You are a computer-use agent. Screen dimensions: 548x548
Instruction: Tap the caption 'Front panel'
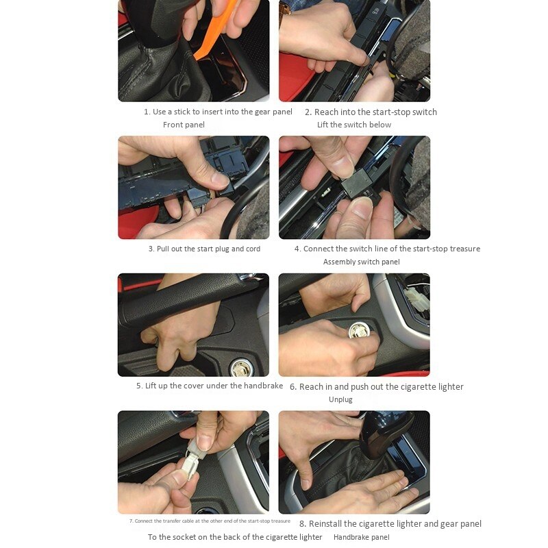pyautogui.click(x=184, y=125)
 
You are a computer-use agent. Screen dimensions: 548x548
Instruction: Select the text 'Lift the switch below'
pyautogui.click(x=354, y=125)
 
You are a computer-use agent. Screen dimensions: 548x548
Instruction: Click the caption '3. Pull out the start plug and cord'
pyautogui.click(x=204, y=249)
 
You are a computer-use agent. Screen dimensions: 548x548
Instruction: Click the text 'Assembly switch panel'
pyautogui.click(x=361, y=262)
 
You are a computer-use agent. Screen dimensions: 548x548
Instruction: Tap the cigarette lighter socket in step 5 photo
pyautogui.click(x=240, y=369)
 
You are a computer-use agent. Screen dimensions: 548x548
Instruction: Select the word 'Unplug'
pyautogui.click(x=340, y=399)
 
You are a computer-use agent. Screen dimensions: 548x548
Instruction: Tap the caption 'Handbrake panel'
pyautogui.click(x=361, y=537)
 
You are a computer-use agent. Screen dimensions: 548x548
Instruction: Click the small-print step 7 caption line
pyautogui.click(x=210, y=521)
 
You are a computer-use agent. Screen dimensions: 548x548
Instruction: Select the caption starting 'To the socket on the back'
pyautogui.click(x=235, y=537)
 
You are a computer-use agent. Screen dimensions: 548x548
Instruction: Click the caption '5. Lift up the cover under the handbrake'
pyautogui.click(x=209, y=386)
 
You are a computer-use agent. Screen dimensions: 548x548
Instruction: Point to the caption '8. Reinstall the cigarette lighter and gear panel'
pyautogui.click(x=390, y=523)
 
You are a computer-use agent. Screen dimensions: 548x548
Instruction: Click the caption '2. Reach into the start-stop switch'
pyautogui.click(x=371, y=112)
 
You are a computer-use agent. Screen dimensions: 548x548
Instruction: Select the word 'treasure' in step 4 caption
pyautogui.click(x=464, y=249)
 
